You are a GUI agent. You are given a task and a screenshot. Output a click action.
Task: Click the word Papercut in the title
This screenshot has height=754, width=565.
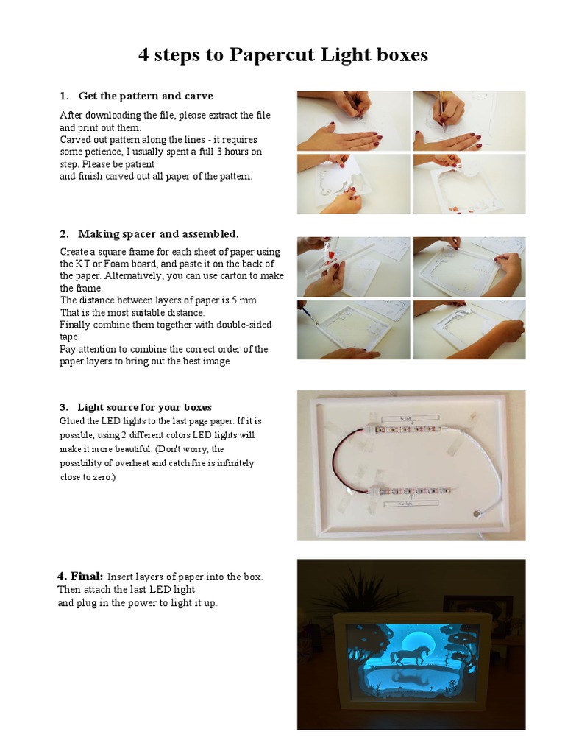270,55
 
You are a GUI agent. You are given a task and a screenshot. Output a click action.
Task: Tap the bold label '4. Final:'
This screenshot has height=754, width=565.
81,576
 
